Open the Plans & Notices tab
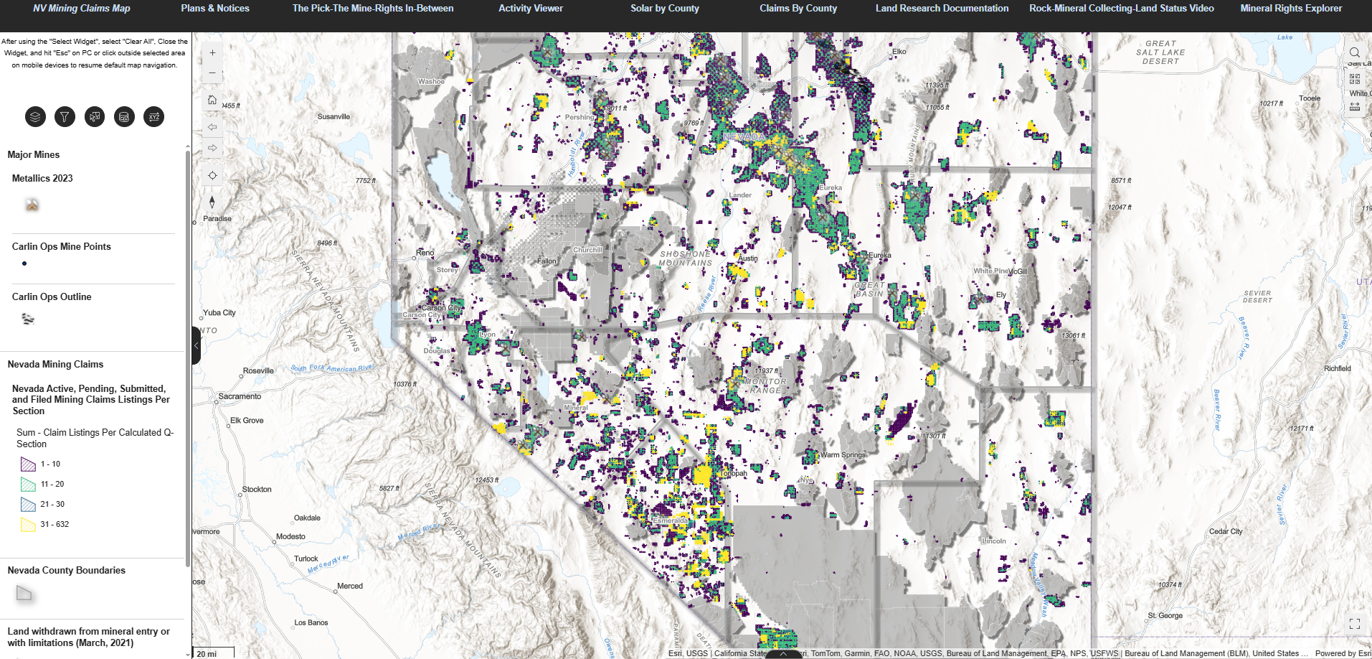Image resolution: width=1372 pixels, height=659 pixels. pos(215,9)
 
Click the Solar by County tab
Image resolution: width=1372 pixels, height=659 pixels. pos(664,9)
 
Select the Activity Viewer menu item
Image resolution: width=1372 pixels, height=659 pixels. pos(531,9)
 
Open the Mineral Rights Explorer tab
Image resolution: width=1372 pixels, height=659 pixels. pos(1291,9)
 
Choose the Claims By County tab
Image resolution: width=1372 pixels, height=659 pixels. pos(798,9)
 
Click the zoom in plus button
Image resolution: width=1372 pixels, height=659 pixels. pos(212,52)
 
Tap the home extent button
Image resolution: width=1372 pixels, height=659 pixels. pos(212,100)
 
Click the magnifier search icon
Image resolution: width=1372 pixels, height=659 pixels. pos(1354,52)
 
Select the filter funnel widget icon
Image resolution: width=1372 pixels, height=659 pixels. pos(65,116)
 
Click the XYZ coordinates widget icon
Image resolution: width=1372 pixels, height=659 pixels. pos(153,116)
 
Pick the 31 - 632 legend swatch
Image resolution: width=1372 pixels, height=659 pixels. pos(28,525)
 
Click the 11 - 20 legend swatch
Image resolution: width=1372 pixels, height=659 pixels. pos(28,485)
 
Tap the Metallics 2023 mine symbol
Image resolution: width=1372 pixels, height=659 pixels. pos(32,205)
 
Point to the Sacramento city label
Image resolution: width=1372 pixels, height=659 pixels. pos(240,396)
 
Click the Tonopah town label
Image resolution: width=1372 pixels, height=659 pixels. pos(734,474)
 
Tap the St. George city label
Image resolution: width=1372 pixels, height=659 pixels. pos(1165,616)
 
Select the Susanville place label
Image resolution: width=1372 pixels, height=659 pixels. pos(333,116)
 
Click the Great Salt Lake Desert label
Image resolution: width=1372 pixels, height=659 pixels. pos(1160,52)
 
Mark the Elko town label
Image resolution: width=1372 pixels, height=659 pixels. pos(899,52)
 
